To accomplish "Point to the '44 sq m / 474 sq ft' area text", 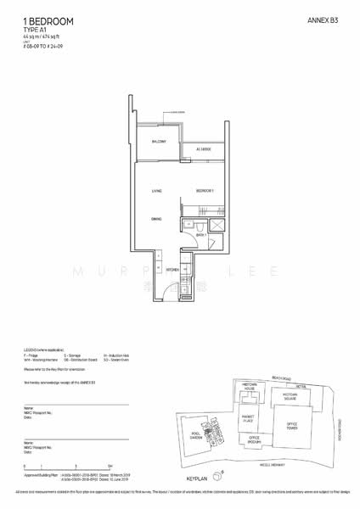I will (x=38, y=36).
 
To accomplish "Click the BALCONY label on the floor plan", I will (x=158, y=142).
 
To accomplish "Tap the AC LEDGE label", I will (x=204, y=149).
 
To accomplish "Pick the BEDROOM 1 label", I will (x=205, y=191).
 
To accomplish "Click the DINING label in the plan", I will (x=157, y=220).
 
